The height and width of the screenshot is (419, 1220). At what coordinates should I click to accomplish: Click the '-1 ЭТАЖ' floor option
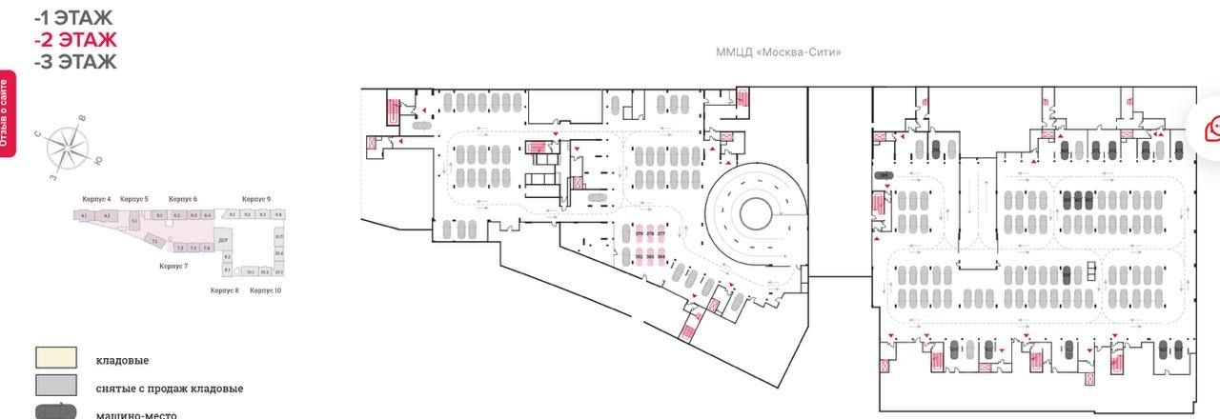73,17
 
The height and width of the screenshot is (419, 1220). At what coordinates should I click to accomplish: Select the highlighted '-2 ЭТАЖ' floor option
75,40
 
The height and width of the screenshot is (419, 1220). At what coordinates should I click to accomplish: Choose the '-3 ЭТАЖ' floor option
75,63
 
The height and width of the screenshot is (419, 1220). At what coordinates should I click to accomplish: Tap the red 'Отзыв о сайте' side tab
7,115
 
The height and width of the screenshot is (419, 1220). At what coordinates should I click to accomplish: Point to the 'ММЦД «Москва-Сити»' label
778,52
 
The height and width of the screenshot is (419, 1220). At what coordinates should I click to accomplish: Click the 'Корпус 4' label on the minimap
96,199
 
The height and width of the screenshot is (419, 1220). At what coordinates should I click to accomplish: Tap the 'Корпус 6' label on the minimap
183,199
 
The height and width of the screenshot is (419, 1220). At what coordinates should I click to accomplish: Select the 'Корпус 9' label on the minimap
255,199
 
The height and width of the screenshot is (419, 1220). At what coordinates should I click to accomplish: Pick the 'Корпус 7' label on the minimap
173,267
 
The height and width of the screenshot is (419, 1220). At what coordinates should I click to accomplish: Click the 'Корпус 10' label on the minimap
265,289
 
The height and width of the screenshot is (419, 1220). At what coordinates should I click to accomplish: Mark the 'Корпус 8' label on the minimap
224,289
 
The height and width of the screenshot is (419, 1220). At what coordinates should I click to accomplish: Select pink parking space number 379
640,234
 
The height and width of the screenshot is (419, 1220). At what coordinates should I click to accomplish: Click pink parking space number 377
661,234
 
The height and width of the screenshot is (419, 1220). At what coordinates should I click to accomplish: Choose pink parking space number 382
640,257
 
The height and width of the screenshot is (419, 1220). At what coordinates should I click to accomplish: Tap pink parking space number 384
661,257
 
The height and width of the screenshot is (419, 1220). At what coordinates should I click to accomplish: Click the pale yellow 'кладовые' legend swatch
56,359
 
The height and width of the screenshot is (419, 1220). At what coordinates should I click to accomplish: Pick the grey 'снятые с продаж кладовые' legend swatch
56,386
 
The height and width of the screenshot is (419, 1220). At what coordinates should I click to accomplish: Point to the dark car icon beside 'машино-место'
56,412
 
